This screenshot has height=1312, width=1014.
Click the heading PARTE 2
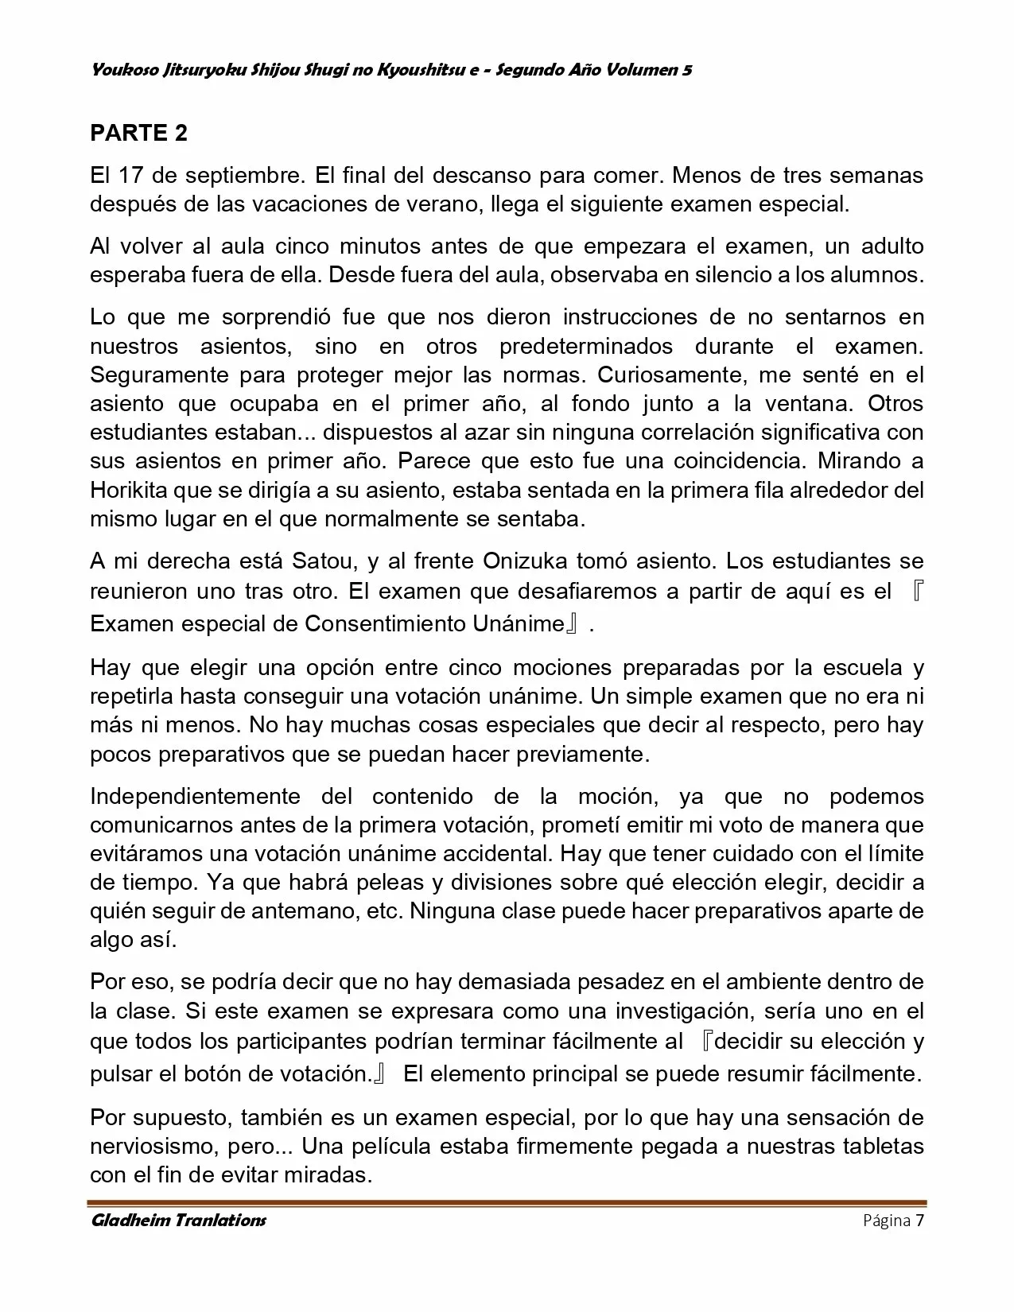coord(138,133)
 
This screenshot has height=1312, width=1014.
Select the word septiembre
coord(240,174)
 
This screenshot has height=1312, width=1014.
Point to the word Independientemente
coord(196,796)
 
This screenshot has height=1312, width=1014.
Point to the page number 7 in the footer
coord(919,1221)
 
